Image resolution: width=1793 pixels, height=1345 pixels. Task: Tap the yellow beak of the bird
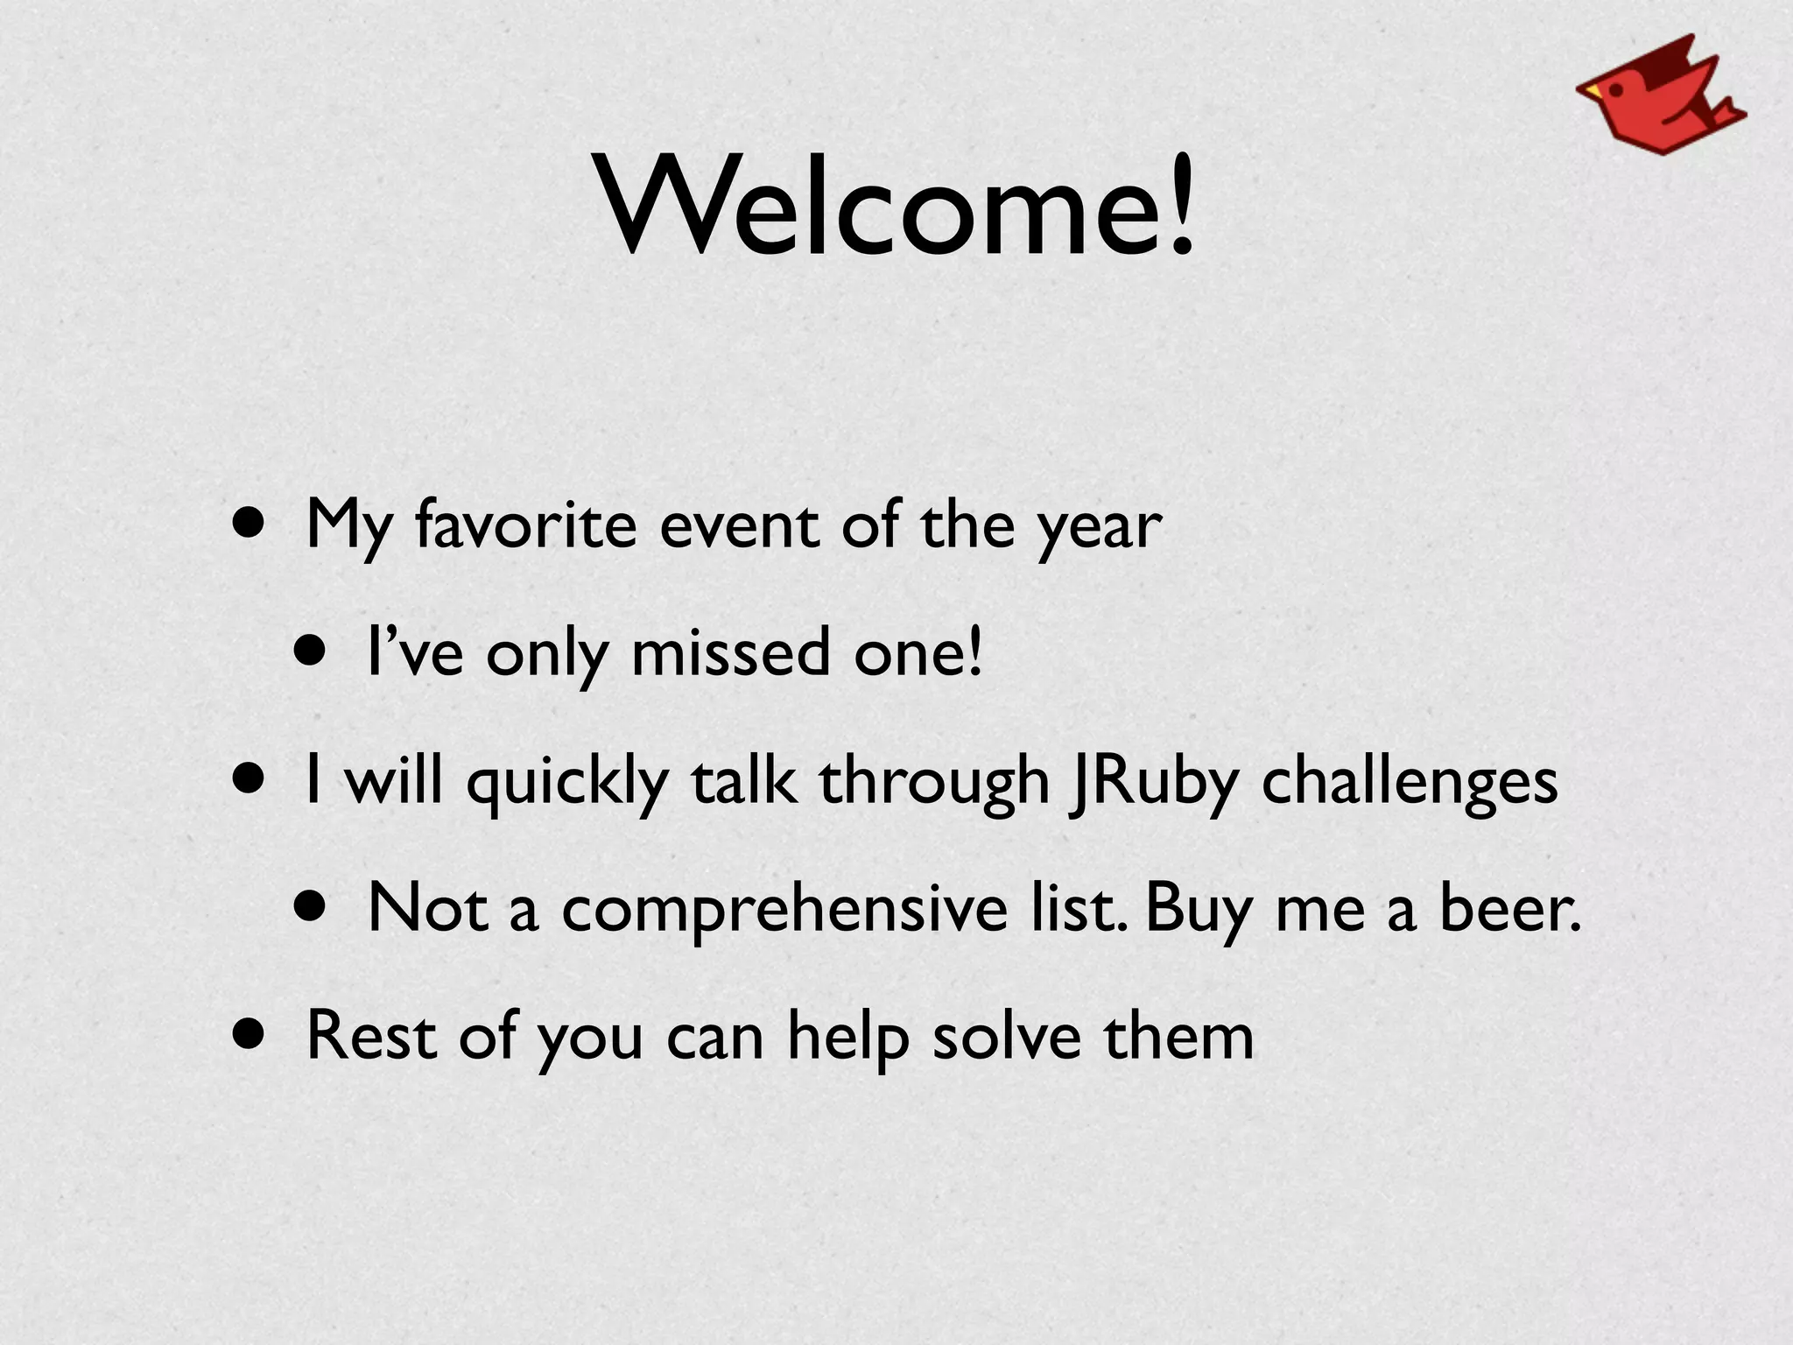1590,89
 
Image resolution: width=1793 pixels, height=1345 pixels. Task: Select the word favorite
526,525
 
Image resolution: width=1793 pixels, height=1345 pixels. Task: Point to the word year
1100,529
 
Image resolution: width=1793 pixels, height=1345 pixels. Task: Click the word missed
730,653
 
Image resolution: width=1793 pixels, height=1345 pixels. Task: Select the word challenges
1410,782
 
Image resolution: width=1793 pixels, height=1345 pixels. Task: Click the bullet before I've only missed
310,651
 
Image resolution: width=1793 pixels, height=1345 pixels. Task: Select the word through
933,782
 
